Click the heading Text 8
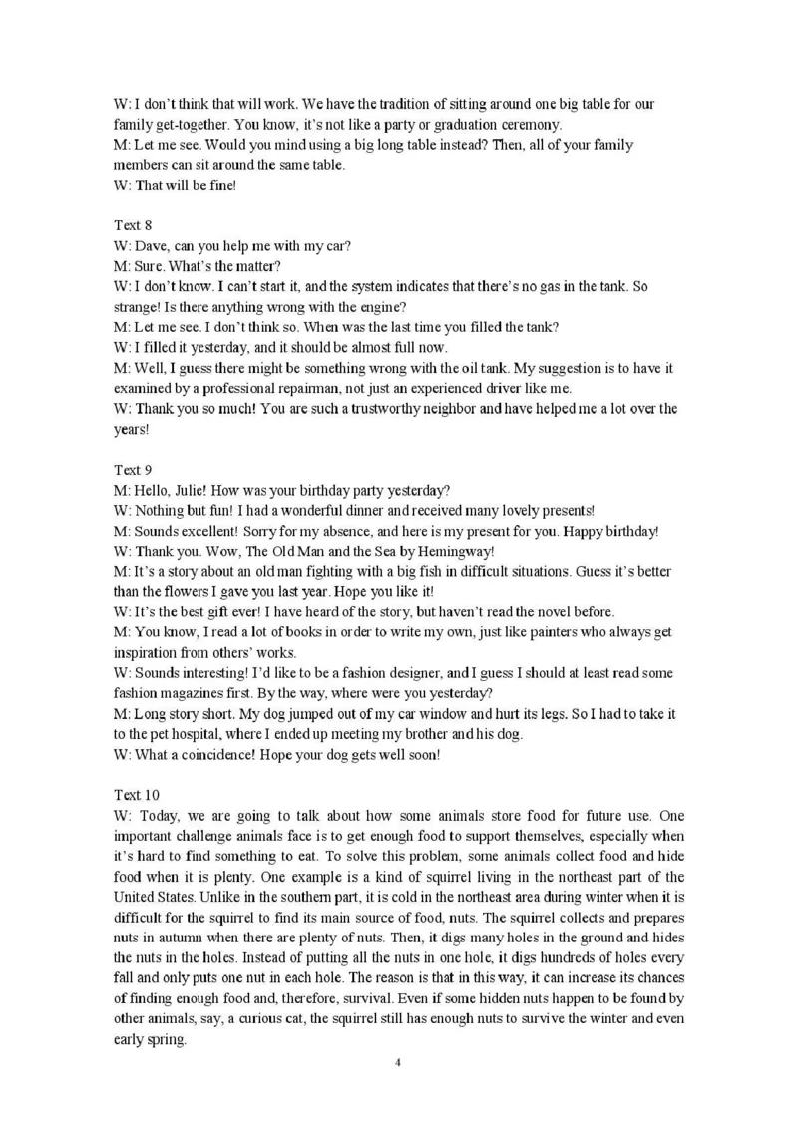pyautogui.click(x=133, y=225)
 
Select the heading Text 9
pyautogui.click(x=133, y=469)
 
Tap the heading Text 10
pyautogui.click(x=136, y=794)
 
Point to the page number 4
pyautogui.click(x=398, y=1062)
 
